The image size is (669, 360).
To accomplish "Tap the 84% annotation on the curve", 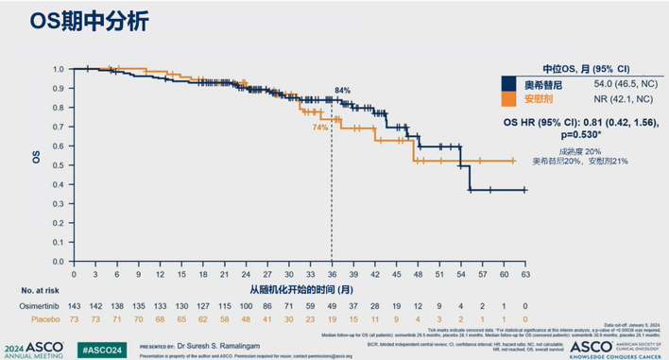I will (x=342, y=91).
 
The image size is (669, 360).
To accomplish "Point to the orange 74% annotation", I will (x=319, y=127).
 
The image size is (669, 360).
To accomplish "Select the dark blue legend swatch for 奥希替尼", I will (x=511, y=84).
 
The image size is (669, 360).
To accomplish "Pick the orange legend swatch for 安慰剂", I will (x=511, y=98).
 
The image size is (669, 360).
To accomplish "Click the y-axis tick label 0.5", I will (x=59, y=166).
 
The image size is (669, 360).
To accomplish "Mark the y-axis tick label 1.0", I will (x=59, y=69).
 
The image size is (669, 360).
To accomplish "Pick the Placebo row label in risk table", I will (x=35, y=320).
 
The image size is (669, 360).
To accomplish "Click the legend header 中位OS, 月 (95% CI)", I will (x=586, y=68).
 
